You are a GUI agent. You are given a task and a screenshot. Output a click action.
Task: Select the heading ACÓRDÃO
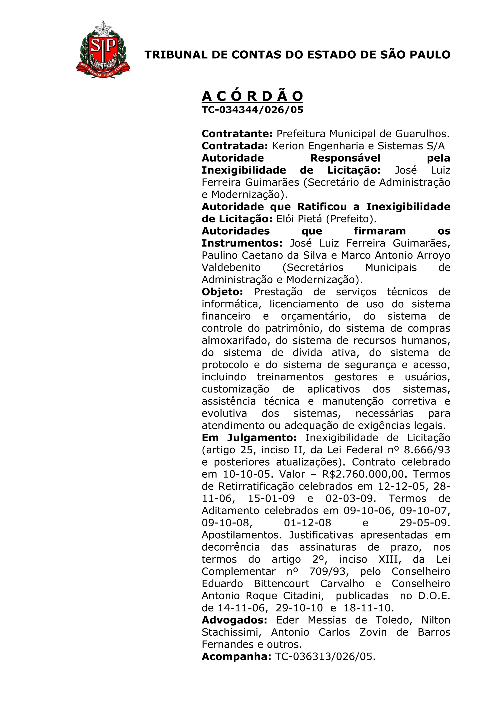click(x=252, y=96)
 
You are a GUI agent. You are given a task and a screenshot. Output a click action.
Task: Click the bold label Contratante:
click(x=237, y=134)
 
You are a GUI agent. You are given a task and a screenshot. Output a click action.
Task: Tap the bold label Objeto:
click(x=222, y=292)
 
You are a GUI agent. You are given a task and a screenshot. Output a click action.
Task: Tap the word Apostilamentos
click(x=241, y=535)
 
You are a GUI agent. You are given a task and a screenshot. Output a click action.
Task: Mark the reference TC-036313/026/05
click(x=325, y=657)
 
